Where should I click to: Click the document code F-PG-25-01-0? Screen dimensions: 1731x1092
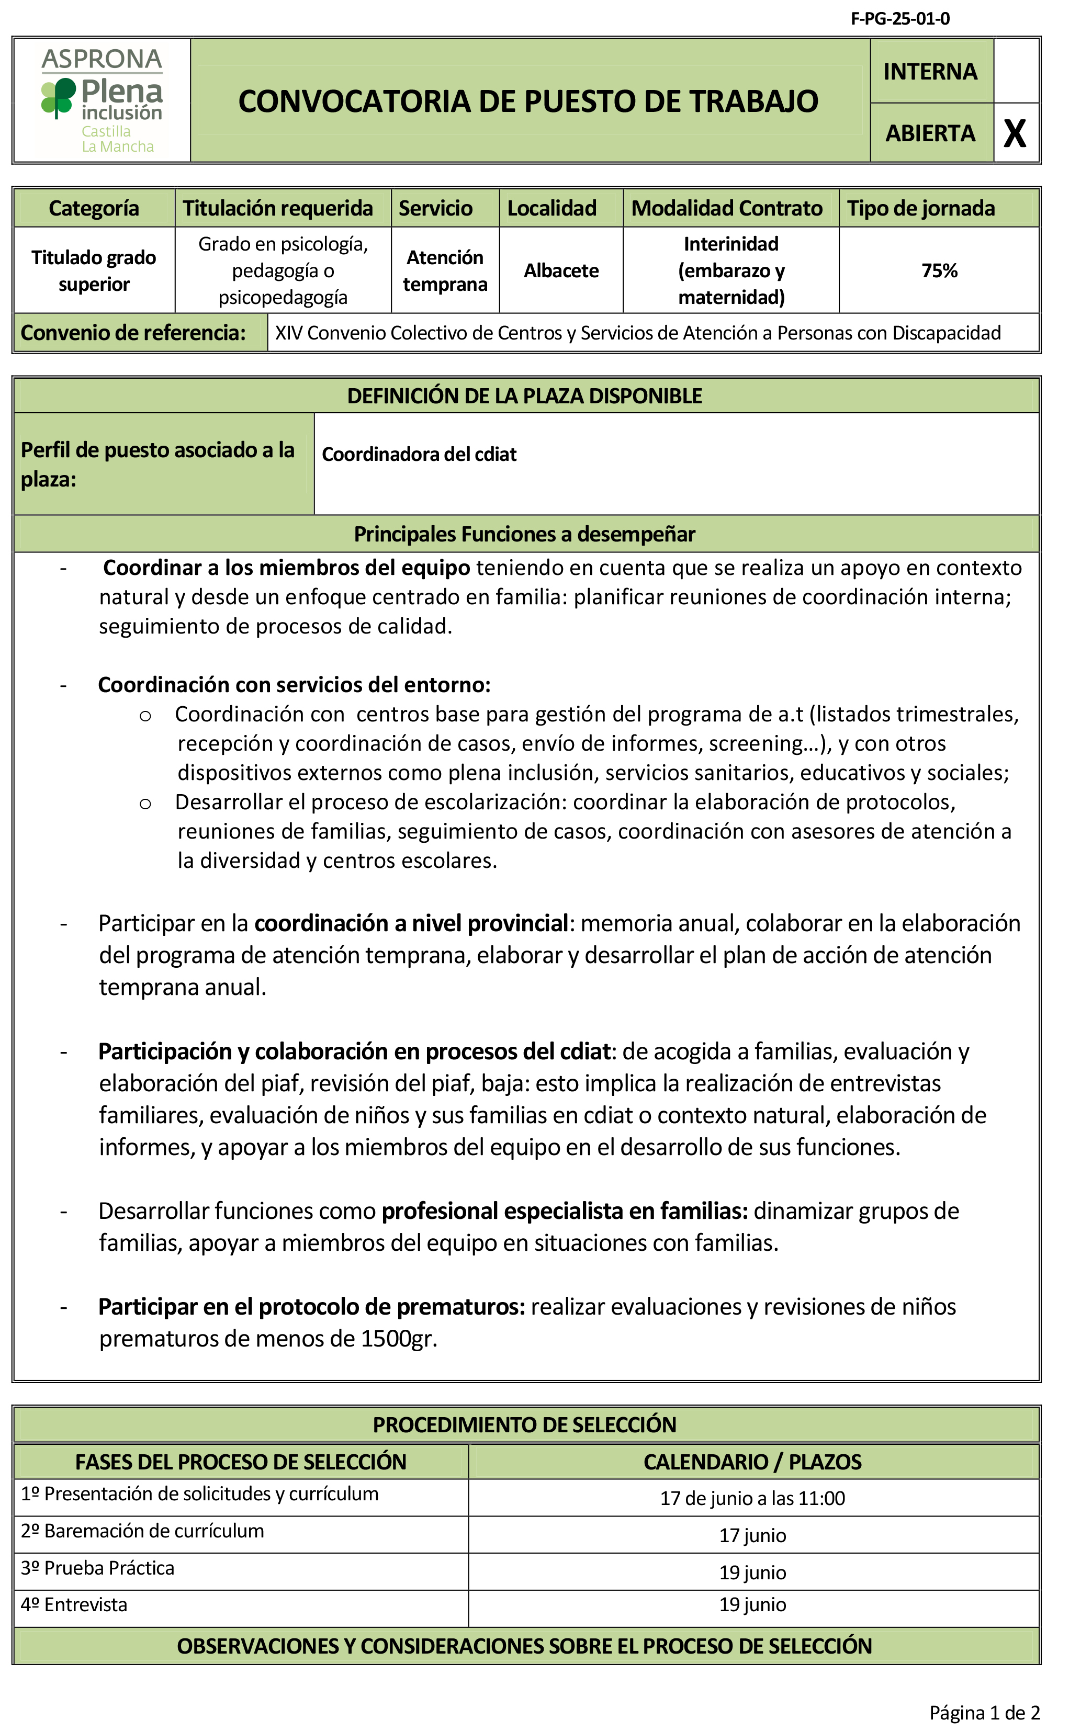(899, 19)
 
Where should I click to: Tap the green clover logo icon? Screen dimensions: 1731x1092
(58, 97)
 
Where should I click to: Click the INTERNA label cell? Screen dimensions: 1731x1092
(930, 71)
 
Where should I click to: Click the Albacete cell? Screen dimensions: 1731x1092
(561, 271)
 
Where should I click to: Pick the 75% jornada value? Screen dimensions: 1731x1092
(939, 271)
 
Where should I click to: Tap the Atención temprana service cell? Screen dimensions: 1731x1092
(445, 271)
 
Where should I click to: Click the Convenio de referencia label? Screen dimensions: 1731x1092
(133, 333)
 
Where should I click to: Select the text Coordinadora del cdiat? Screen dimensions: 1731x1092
(419, 454)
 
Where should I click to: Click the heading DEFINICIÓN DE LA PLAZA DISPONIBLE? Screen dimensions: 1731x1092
(524, 396)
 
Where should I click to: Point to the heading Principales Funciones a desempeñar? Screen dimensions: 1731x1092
(524, 534)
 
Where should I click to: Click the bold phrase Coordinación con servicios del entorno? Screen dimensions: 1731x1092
(294, 684)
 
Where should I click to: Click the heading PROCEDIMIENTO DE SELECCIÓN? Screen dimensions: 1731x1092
(524, 1425)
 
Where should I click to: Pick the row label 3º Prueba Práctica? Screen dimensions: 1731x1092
(98, 1568)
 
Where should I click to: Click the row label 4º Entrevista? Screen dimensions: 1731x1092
(74, 1604)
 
